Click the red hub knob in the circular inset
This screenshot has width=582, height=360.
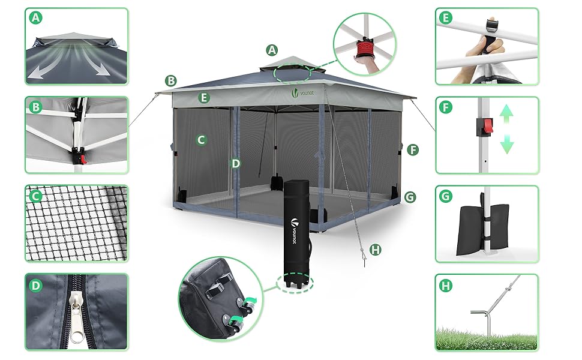[x=365, y=48]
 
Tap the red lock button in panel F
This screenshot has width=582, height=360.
[x=488, y=126]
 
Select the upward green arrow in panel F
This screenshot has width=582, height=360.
[x=506, y=113]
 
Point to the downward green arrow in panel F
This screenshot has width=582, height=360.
[x=506, y=144]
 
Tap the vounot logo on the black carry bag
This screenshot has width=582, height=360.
[x=294, y=230]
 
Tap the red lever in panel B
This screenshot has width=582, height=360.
[x=83, y=159]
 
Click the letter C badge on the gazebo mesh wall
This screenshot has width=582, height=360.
[x=201, y=140]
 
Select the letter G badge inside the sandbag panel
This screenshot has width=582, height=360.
[x=445, y=196]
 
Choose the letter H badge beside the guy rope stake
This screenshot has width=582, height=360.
[x=376, y=250]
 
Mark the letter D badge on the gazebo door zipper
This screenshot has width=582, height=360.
[x=236, y=163]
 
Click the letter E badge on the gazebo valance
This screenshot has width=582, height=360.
[x=204, y=98]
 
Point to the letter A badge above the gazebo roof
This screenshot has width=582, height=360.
[x=272, y=50]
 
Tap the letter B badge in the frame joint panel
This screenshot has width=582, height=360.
[x=36, y=107]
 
